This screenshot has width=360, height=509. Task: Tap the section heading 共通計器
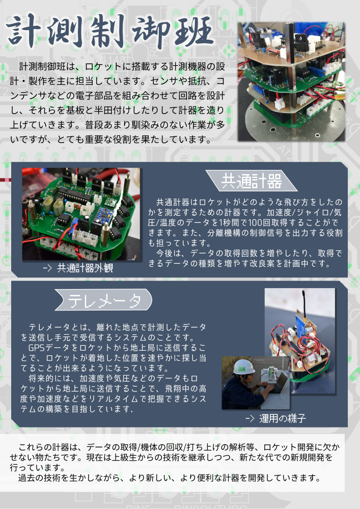click(x=252, y=181)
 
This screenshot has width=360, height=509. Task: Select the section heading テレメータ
click(x=104, y=300)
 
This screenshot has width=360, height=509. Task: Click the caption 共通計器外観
click(x=85, y=268)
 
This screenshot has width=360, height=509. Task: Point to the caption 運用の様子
click(x=283, y=418)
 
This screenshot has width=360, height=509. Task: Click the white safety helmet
click(x=244, y=367)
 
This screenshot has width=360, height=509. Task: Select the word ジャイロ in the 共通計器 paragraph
click(x=312, y=213)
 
